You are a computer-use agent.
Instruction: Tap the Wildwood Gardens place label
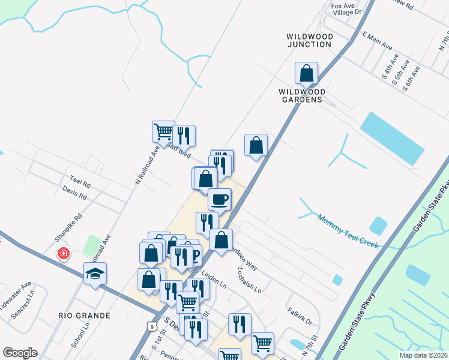point(301,95)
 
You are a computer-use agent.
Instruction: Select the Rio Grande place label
point(84,315)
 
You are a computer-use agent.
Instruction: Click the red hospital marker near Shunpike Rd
point(62,254)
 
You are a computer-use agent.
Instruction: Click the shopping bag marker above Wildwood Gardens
point(306,73)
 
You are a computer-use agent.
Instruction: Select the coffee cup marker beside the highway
point(218,199)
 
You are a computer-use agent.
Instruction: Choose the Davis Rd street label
point(74,193)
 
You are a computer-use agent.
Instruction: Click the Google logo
point(20,353)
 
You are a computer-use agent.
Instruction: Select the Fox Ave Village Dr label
point(348,8)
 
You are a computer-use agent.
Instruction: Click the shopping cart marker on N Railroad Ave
point(163,130)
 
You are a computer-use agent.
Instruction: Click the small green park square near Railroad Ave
point(92,245)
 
